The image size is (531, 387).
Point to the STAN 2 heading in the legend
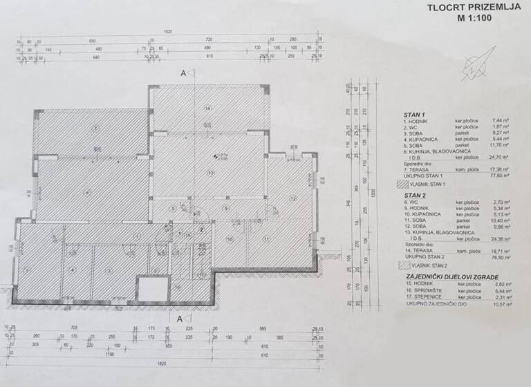(x=413, y=196)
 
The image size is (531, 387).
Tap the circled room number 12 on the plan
(x=292, y=199)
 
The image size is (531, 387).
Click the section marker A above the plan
(x=183, y=73)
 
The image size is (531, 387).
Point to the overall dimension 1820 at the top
(x=168, y=32)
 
